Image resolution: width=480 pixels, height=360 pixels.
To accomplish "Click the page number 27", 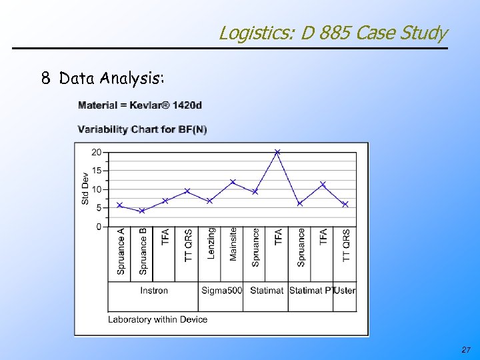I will point(465,350).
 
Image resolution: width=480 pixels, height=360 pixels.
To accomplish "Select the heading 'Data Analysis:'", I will point(111,79).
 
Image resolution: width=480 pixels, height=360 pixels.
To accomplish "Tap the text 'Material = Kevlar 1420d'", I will point(140,105).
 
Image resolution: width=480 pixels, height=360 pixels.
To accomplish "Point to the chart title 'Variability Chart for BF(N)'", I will point(143,129).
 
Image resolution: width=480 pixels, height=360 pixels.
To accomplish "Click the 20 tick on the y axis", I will point(97,152).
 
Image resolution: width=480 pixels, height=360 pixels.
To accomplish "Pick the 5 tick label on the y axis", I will point(99,208).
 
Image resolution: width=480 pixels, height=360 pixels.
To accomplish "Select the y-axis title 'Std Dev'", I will point(85,189).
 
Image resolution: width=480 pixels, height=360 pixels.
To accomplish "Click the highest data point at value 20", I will point(278,152).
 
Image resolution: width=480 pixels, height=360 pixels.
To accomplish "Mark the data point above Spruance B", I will point(142,211).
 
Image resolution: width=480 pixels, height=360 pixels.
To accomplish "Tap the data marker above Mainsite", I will point(233,181).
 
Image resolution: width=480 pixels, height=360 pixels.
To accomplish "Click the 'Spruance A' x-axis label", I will point(121,251).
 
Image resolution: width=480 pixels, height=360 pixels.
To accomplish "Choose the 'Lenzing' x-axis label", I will point(211,243).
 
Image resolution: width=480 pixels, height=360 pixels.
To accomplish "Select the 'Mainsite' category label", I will point(233,245).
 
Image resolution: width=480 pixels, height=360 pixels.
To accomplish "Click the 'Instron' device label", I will point(154,290).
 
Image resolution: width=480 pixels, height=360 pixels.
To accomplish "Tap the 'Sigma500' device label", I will point(222,290).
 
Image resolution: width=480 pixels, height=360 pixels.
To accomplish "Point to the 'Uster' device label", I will point(345,290).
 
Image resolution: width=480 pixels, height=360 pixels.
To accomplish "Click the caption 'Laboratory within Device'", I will point(158,319).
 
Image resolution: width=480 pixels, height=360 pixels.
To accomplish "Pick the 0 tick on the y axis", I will point(99,227).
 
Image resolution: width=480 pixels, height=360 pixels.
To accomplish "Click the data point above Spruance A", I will point(120,205).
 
